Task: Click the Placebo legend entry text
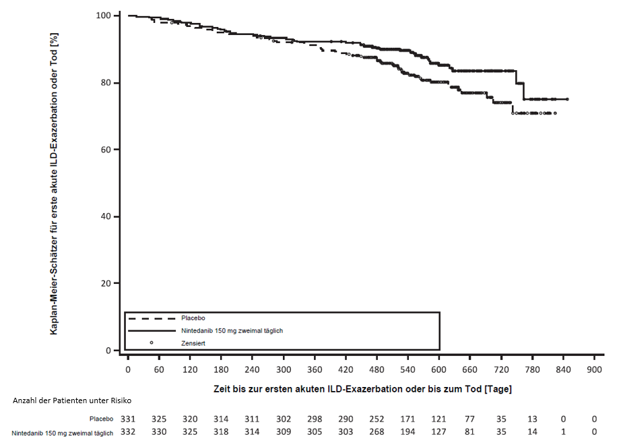tap(193, 318)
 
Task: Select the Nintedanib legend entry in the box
tap(232, 330)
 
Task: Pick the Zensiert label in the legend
tap(193, 343)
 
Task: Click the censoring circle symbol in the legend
tap(152, 343)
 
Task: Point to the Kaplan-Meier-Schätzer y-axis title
tap(53, 183)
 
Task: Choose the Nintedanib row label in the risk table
tap(62, 431)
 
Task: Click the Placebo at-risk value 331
tap(127, 419)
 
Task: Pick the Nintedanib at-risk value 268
tap(377, 431)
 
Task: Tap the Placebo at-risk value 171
tap(407, 419)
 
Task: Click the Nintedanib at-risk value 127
tap(438, 431)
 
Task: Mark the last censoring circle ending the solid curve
tap(567, 99)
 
